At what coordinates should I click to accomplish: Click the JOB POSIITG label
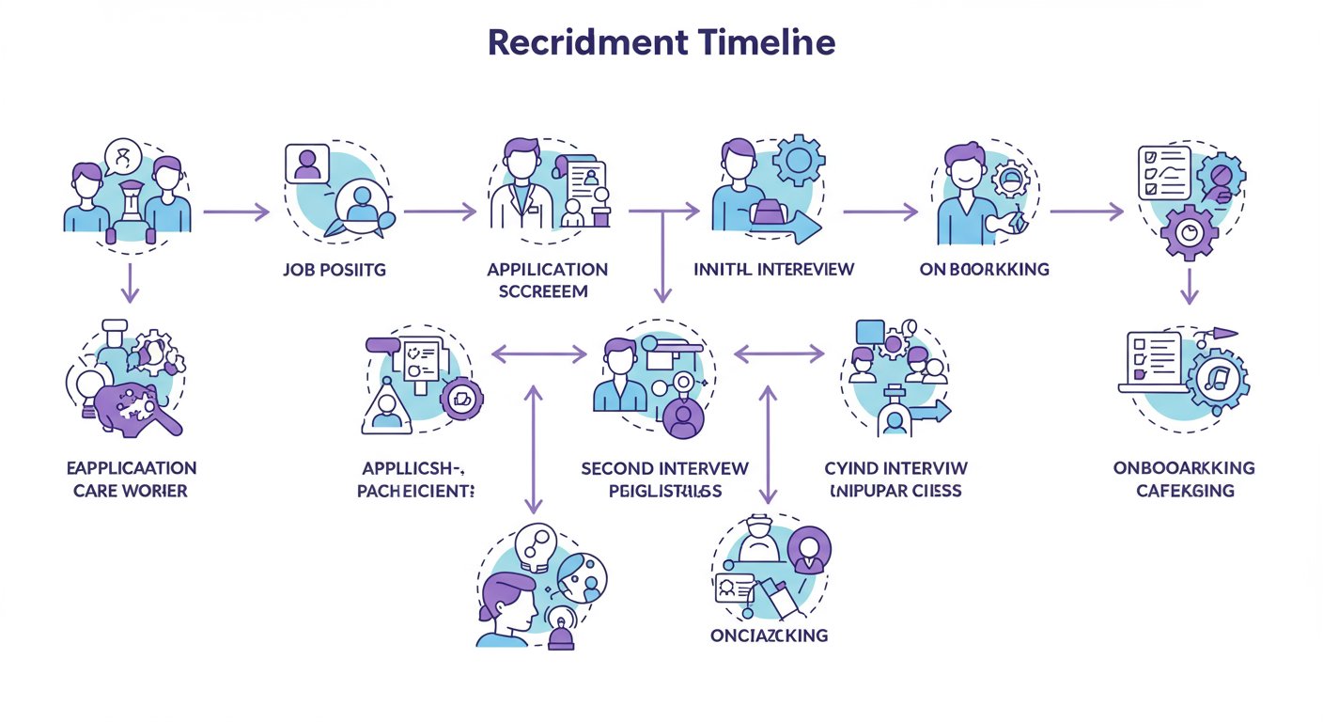pos(334,270)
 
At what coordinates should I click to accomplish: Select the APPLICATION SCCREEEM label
pos(548,280)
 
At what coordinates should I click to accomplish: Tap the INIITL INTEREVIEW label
pos(773,270)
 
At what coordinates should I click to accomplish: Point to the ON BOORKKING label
pos(985,270)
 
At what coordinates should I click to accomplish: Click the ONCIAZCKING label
pos(769,636)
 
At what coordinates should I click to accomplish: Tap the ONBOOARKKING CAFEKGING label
pos(1184,479)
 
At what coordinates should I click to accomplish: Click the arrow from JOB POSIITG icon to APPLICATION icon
pos(440,212)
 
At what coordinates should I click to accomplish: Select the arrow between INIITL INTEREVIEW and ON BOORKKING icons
pos(879,212)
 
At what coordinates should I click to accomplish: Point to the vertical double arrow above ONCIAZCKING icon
pos(770,443)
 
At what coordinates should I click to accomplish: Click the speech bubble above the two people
pos(122,155)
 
